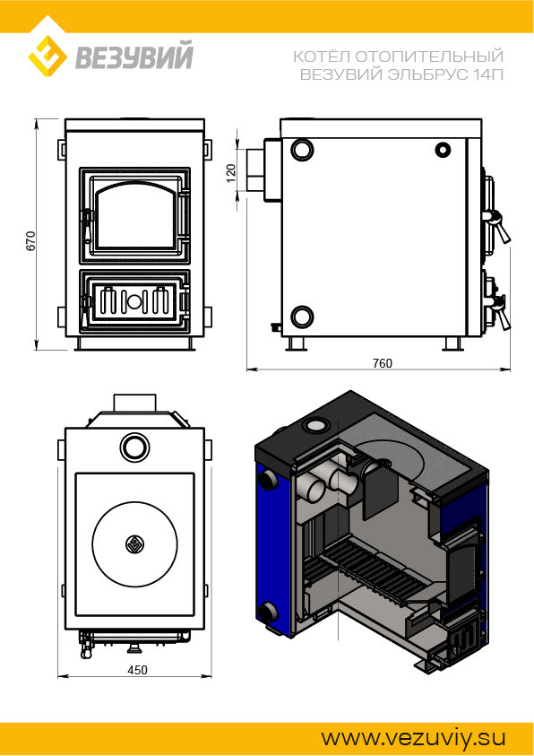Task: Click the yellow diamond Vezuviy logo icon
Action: click(47, 53)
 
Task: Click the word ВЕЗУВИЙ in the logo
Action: click(134, 56)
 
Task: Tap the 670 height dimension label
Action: click(30, 240)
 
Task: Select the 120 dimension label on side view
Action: click(231, 173)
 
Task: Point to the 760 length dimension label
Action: click(383, 363)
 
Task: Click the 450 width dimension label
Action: click(137, 670)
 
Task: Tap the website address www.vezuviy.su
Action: click(413, 738)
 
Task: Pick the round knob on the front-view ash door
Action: click(134, 302)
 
